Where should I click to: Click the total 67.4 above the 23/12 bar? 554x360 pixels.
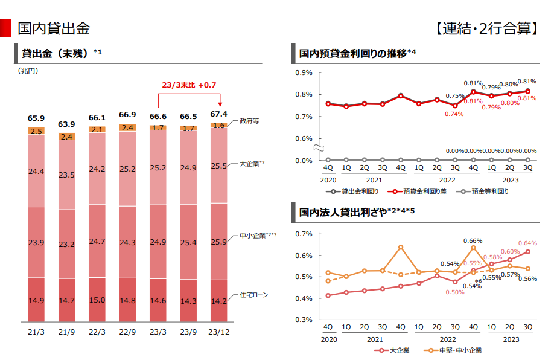pyautogui.click(x=218, y=114)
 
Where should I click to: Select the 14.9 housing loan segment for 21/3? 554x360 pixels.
pyautogui.click(x=36, y=300)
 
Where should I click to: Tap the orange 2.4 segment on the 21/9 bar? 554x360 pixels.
pyautogui.click(x=67, y=137)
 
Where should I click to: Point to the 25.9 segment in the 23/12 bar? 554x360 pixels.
pyautogui.click(x=218, y=242)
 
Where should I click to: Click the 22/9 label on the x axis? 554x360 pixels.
pyautogui.click(x=127, y=332)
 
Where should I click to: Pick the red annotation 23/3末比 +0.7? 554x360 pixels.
pyautogui.click(x=189, y=85)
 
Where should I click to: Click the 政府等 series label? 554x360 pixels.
pyautogui.click(x=249, y=121)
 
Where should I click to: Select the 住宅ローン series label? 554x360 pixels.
pyautogui.click(x=253, y=295)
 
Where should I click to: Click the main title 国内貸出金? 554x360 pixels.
pyautogui.click(x=54, y=28)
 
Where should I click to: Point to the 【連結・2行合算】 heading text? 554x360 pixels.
pyautogui.click(x=487, y=28)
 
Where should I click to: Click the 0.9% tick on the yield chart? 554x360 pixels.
pyautogui.click(x=304, y=72)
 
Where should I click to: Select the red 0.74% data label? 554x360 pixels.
pyautogui.click(x=454, y=114)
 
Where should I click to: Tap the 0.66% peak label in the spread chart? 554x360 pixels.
pyautogui.click(x=473, y=241)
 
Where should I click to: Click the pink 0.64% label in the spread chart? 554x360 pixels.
pyautogui.click(x=527, y=243)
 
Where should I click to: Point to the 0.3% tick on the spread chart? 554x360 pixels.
pyautogui.click(x=304, y=320)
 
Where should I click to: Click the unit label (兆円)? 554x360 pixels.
pyautogui.click(x=28, y=71)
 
